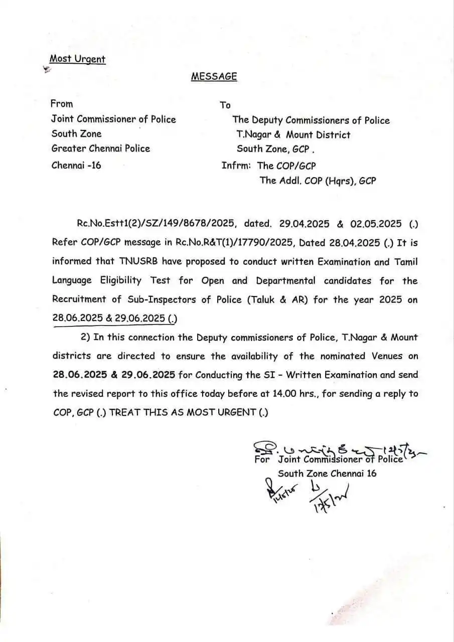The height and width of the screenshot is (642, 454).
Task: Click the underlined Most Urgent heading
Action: (77, 59)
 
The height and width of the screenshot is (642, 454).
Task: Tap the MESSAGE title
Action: (214, 76)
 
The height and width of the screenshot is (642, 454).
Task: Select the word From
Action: (62, 104)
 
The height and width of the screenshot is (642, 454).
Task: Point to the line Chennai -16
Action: (76, 165)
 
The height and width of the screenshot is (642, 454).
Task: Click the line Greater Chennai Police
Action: (100, 148)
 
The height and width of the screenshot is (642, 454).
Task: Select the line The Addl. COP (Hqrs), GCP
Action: (318, 181)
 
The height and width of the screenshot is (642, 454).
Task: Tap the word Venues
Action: (386, 356)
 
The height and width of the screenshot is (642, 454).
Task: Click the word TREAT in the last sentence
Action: (122, 413)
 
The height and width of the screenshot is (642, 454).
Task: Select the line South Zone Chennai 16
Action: (327, 473)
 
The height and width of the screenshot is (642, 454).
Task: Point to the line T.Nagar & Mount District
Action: (293, 135)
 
